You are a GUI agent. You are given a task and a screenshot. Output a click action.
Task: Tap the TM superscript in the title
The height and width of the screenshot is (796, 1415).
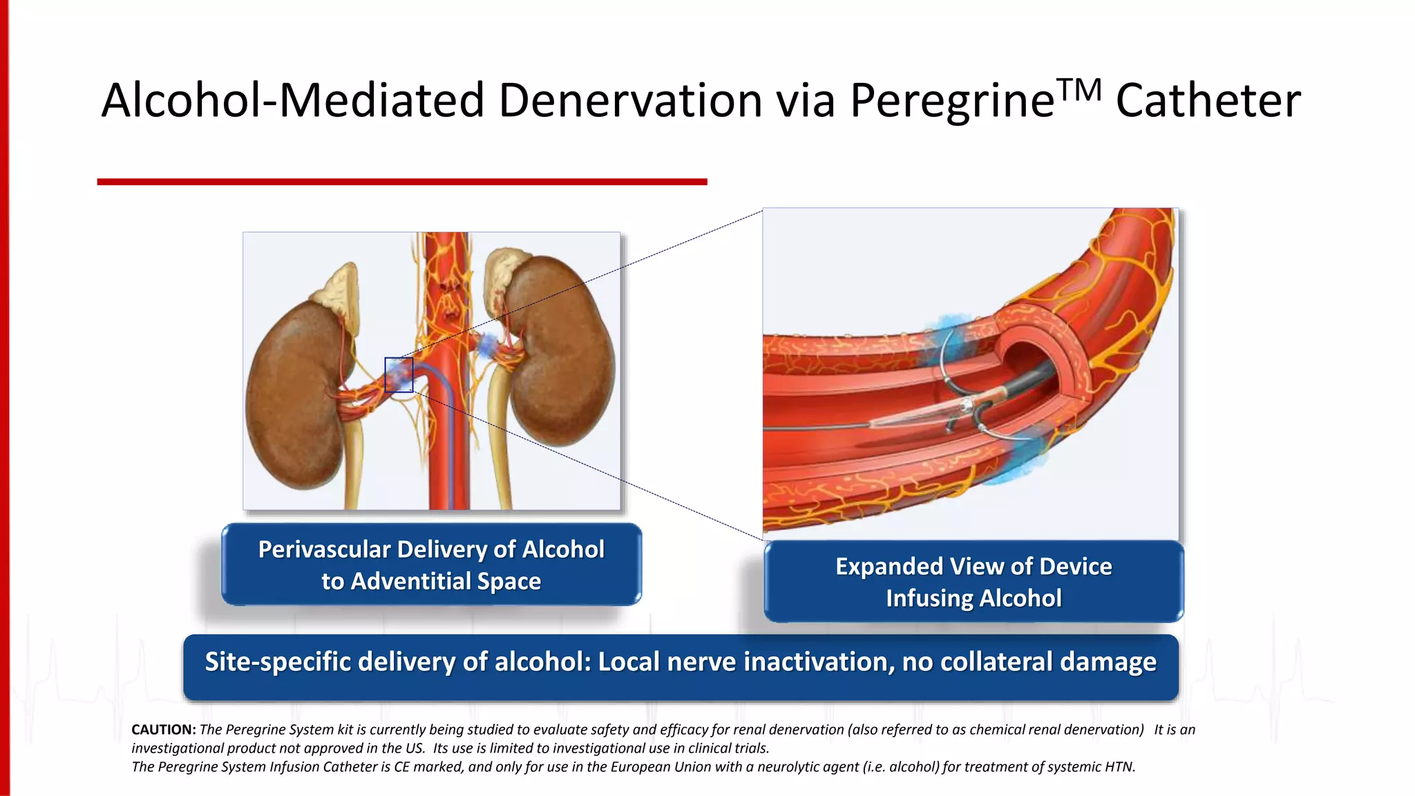click(x=1079, y=90)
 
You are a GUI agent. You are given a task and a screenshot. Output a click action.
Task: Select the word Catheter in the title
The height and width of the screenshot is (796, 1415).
click(x=1208, y=101)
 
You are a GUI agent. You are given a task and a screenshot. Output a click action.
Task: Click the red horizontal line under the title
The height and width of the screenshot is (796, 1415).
click(x=402, y=182)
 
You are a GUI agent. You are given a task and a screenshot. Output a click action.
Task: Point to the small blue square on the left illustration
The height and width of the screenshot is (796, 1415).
click(x=399, y=375)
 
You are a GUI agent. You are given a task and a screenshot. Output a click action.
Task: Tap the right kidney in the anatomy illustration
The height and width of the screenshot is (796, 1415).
click(x=560, y=352)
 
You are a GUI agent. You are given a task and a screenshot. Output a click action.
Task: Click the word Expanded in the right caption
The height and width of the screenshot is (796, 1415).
click(x=889, y=567)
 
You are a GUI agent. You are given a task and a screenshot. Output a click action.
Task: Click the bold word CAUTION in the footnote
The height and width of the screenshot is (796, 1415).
click(x=164, y=730)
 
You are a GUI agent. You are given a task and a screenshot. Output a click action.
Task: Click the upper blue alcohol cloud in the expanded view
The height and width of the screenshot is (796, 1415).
click(x=950, y=339)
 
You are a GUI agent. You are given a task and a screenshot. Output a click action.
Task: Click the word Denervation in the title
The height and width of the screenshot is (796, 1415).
click(x=630, y=101)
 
